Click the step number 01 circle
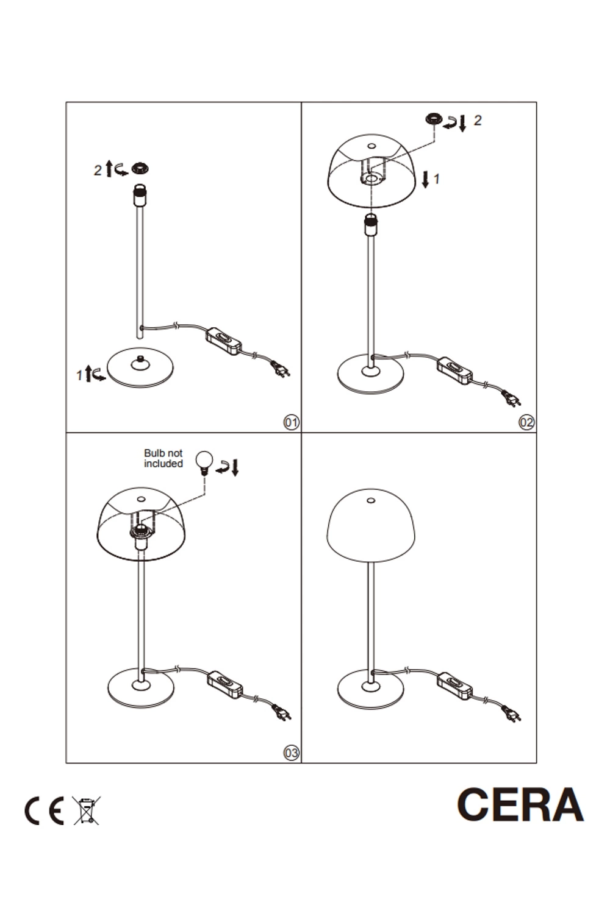(291, 422)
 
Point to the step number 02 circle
(526, 422)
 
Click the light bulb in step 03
(204, 462)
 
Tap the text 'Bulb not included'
(163, 458)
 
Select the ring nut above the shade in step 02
(434, 119)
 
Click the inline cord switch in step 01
(223, 341)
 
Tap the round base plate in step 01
(140, 367)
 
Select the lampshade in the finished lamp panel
(371, 525)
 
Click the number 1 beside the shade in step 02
(437, 179)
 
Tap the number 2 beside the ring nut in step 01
(97, 170)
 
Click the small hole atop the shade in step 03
(141, 500)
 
